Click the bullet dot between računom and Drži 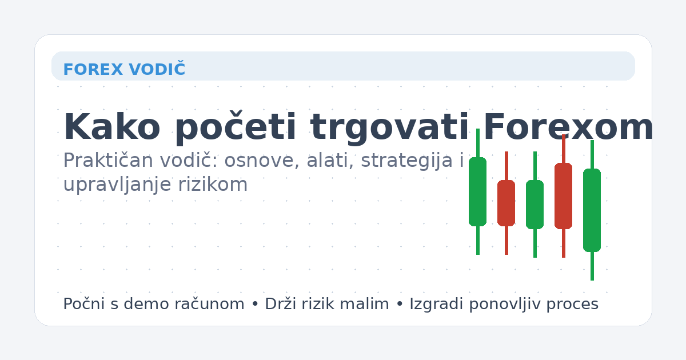pos(254,305)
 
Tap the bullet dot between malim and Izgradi pos(399,305)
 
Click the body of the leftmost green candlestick pos(477,191)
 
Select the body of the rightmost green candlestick pos(592,210)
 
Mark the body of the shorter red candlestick pos(506,203)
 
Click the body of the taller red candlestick pos(563,196)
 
